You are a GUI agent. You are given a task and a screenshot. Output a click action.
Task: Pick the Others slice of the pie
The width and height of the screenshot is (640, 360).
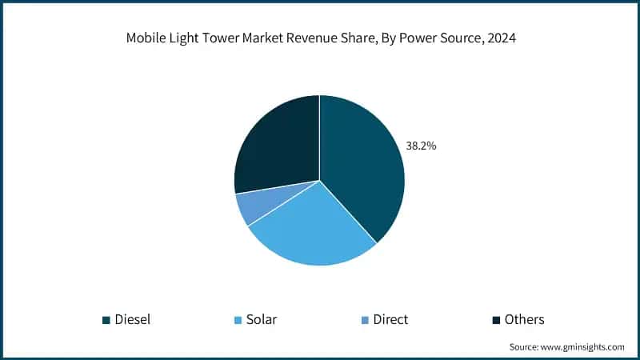(276, 144)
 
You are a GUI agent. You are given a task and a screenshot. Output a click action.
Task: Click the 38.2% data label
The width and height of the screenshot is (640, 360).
(421, 146)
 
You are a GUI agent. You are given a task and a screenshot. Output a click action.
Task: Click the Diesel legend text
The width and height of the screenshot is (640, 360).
(132, 319)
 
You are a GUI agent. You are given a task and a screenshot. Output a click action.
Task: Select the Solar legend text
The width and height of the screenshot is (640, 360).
(262, 319)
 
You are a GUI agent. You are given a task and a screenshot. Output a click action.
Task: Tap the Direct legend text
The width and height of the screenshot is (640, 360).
(390, 319)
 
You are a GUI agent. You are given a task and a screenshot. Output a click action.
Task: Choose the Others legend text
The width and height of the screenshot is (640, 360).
(524, 319)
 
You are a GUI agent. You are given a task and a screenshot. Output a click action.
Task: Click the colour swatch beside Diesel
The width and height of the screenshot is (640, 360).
(106, 320)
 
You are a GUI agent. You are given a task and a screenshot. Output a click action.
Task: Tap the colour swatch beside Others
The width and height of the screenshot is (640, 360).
(497, 320)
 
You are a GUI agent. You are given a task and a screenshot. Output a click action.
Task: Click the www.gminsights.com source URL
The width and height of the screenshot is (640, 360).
(582, 347)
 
